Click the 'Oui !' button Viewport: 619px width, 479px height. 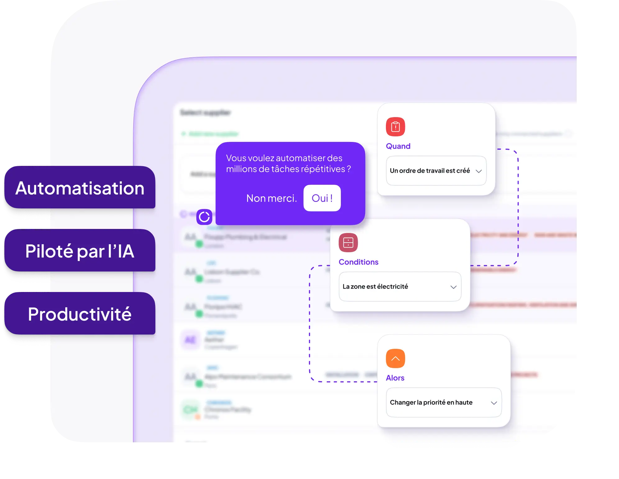click(x=322, y=198)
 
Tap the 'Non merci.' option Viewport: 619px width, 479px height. click(x=271, y=198)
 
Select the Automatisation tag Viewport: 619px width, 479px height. click(x=80, y=188)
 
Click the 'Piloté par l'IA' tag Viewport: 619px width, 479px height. click(x=80, y=251)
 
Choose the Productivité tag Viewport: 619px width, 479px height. click(x=80, y=314)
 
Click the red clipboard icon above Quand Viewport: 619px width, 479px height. click(x=395, y=127)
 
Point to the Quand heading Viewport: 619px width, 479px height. click(x=398, y=146)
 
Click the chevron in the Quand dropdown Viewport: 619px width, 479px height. click(x=479, y=171)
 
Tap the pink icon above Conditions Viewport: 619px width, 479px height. click(x=348, y=243)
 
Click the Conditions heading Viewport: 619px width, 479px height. click(x=358, y=262)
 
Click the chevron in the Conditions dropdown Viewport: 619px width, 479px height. click(x=453, y=287)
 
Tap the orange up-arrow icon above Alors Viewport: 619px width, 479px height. click(x=395, y=358)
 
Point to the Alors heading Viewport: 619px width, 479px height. click(x=395, y=378)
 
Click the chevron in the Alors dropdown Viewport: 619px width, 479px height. click(x=494, y=403)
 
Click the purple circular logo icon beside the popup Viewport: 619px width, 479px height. click(x=204, y=217)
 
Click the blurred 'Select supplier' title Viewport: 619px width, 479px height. click(x=206, y=112)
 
